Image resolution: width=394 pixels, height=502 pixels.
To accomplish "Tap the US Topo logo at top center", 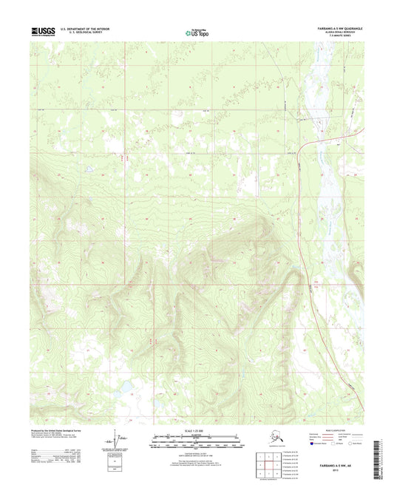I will [x=196, y=32].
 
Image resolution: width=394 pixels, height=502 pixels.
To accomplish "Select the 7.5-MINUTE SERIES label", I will [x=348, y=37].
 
